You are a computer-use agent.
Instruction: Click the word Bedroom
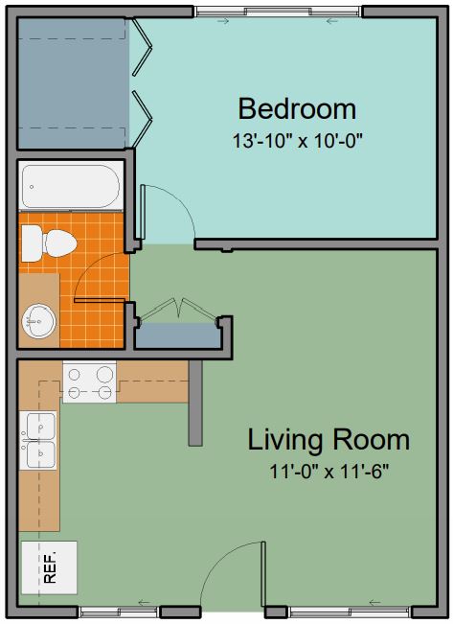pyautogui.click(x=297, y=108)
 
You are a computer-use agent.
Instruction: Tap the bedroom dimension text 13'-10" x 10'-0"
pyautogui.click(x=298, y=141)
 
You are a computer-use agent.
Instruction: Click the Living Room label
pyautogui.click(x=328, y=440)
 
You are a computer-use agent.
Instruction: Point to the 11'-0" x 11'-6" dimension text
pyautogui.click(x=328, y=472)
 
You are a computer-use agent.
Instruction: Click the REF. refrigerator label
pyautogui.click(x=50, y=567)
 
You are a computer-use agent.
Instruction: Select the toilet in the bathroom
pyautogui.click(x=49, y=243)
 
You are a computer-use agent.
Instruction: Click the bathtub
pyautogui.click(x=71, y=187)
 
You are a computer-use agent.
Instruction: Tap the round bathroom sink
pyautogui.click(x=39, y=321)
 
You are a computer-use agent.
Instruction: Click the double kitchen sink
pyautogui.click(x=38, y=440)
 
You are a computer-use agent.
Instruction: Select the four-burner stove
pyautogui.click(x=89, y=381)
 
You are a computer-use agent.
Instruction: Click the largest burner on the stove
pyautogui.click(x=104, y=374)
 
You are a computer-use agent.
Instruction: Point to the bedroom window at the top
pyautogui.click(x=278, y=12)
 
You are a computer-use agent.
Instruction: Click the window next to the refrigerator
pyautogui.click(x=119, y=611)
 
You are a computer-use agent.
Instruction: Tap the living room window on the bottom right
pyautogui.click(x=350, y=611)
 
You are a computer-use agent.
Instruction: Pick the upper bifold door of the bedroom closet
pyautogui.click(x=142, y=47)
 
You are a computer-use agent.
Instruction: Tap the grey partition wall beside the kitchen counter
pyautogui.click(x=195, y=403)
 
